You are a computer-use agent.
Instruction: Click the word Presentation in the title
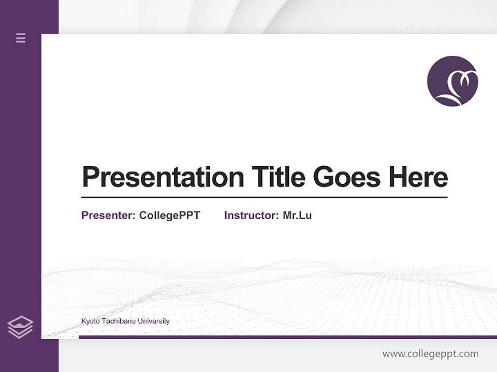coord(163,177)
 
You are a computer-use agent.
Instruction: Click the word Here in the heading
coord(418,177)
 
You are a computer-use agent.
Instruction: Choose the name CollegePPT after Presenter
coord(169,215)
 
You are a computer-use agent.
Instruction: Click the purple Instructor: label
coord(252,215)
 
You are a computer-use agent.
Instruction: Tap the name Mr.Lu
coord(297,215)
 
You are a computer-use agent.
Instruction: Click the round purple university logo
coord(452,81)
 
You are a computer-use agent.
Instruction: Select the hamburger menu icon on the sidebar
coord(21,38)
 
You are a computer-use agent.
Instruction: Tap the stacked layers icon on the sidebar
coord(20,327)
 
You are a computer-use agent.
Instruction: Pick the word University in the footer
coord(154,321)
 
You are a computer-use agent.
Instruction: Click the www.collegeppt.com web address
coord(430,354)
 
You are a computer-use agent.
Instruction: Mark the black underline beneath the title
coord(264,197)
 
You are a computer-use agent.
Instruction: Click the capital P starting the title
coord(91,177)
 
